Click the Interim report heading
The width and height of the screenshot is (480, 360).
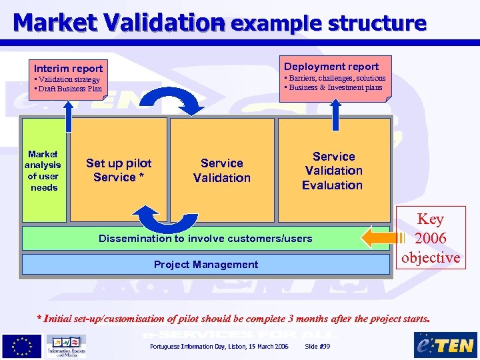click(68, 69)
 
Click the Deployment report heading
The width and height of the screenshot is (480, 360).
click(331, 66)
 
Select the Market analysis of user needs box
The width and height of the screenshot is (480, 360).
click(43, 170)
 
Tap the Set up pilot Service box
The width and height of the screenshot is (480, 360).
click(119, 170)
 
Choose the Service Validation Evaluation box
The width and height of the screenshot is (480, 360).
click(332, 170)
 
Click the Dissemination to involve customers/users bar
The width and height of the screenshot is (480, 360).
click(205, 238)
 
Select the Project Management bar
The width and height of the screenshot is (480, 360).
click(205, 264)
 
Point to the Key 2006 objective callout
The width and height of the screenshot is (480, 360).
click(430, 238)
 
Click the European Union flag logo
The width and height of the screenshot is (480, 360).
click(21, 345)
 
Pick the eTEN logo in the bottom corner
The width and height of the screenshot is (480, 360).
click(445, 345)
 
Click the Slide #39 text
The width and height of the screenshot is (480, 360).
click(317, 347)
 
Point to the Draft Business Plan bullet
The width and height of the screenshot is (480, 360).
click(69, 89)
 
